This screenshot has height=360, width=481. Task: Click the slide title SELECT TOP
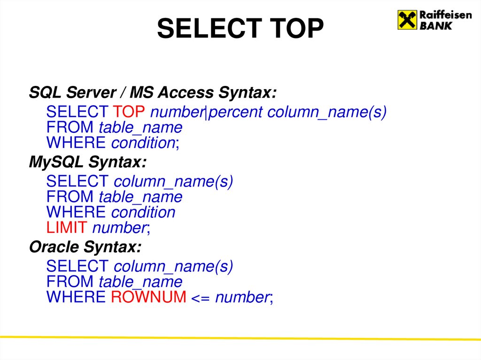[x=240, y=29]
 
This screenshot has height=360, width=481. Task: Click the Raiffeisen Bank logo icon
[x=407, y=20]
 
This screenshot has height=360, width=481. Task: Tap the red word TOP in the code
[x=130, y=112]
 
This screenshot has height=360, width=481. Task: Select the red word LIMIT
[x=67, y=228]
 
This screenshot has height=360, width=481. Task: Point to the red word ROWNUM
[x=148, y=297]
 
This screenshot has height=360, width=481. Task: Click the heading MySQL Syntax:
[x=88, y=162]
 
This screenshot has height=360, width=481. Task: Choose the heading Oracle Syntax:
[x=85, y=246]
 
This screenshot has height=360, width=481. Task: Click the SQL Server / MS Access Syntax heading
[x=153, y=92]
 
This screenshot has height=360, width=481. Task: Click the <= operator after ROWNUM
[x=201, y=297]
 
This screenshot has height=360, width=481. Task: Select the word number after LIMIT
[x=120, y=228]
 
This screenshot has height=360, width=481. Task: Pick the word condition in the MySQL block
[x=143, y=212]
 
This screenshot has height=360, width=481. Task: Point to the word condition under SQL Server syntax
[x=143, y=143]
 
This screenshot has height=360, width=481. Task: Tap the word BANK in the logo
[x=435, y=26]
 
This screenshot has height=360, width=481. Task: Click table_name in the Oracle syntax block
[x=140, y=282]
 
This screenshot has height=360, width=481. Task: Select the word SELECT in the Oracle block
[x=78, y=266]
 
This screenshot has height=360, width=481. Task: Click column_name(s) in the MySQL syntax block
[x=173, y=181]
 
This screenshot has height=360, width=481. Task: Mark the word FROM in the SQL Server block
[x=70, y=128]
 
